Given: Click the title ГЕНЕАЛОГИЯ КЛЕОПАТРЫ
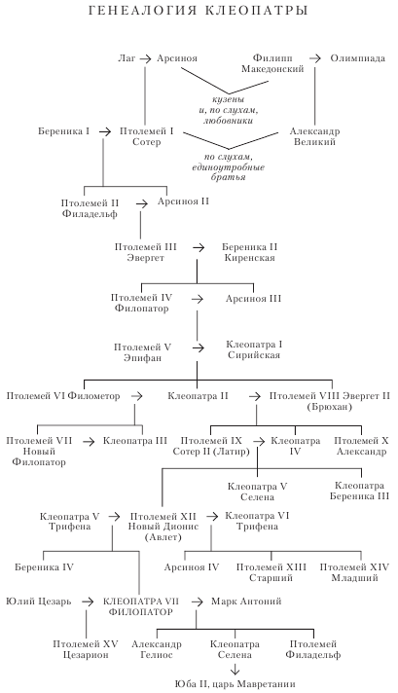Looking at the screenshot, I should tap(199, 13).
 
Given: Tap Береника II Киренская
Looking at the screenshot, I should tap(252, 253).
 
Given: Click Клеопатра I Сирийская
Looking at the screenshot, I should tap(252, 350).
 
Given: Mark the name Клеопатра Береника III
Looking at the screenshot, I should tap(362, 490).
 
